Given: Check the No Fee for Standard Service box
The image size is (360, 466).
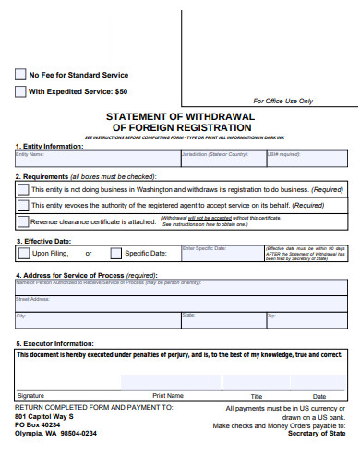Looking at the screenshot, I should [20, 75].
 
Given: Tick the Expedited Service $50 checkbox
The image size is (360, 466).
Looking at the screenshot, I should [20, 91].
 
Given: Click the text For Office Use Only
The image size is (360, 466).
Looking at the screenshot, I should [282, 101].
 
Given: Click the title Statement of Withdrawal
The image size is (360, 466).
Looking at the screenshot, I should [179, 117].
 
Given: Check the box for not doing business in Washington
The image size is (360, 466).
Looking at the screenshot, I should [22, 188].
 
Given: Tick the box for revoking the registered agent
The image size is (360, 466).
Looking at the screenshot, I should [22, 205].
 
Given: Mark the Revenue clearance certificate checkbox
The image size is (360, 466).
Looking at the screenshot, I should [22, 221].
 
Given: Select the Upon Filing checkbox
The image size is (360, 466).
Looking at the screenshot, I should [22, 253].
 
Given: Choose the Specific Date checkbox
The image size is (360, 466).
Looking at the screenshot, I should [115, 253].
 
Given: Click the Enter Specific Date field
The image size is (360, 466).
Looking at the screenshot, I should [222, 254].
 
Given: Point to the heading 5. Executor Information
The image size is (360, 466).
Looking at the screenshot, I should [54, 343].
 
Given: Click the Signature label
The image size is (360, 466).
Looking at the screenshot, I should [30, 395].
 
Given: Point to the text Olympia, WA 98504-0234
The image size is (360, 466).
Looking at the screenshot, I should [55, 433].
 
